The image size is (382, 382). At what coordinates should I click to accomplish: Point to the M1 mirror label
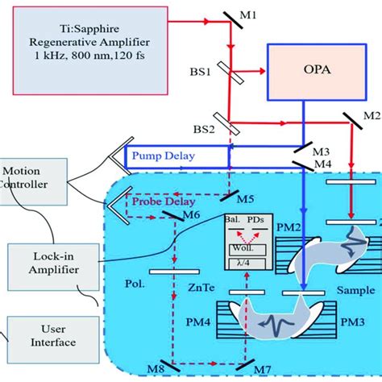tap(273, 15)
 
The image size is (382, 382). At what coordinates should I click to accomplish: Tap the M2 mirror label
tap(372, 115)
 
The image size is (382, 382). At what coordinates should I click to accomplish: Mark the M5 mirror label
tap(251, 198)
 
